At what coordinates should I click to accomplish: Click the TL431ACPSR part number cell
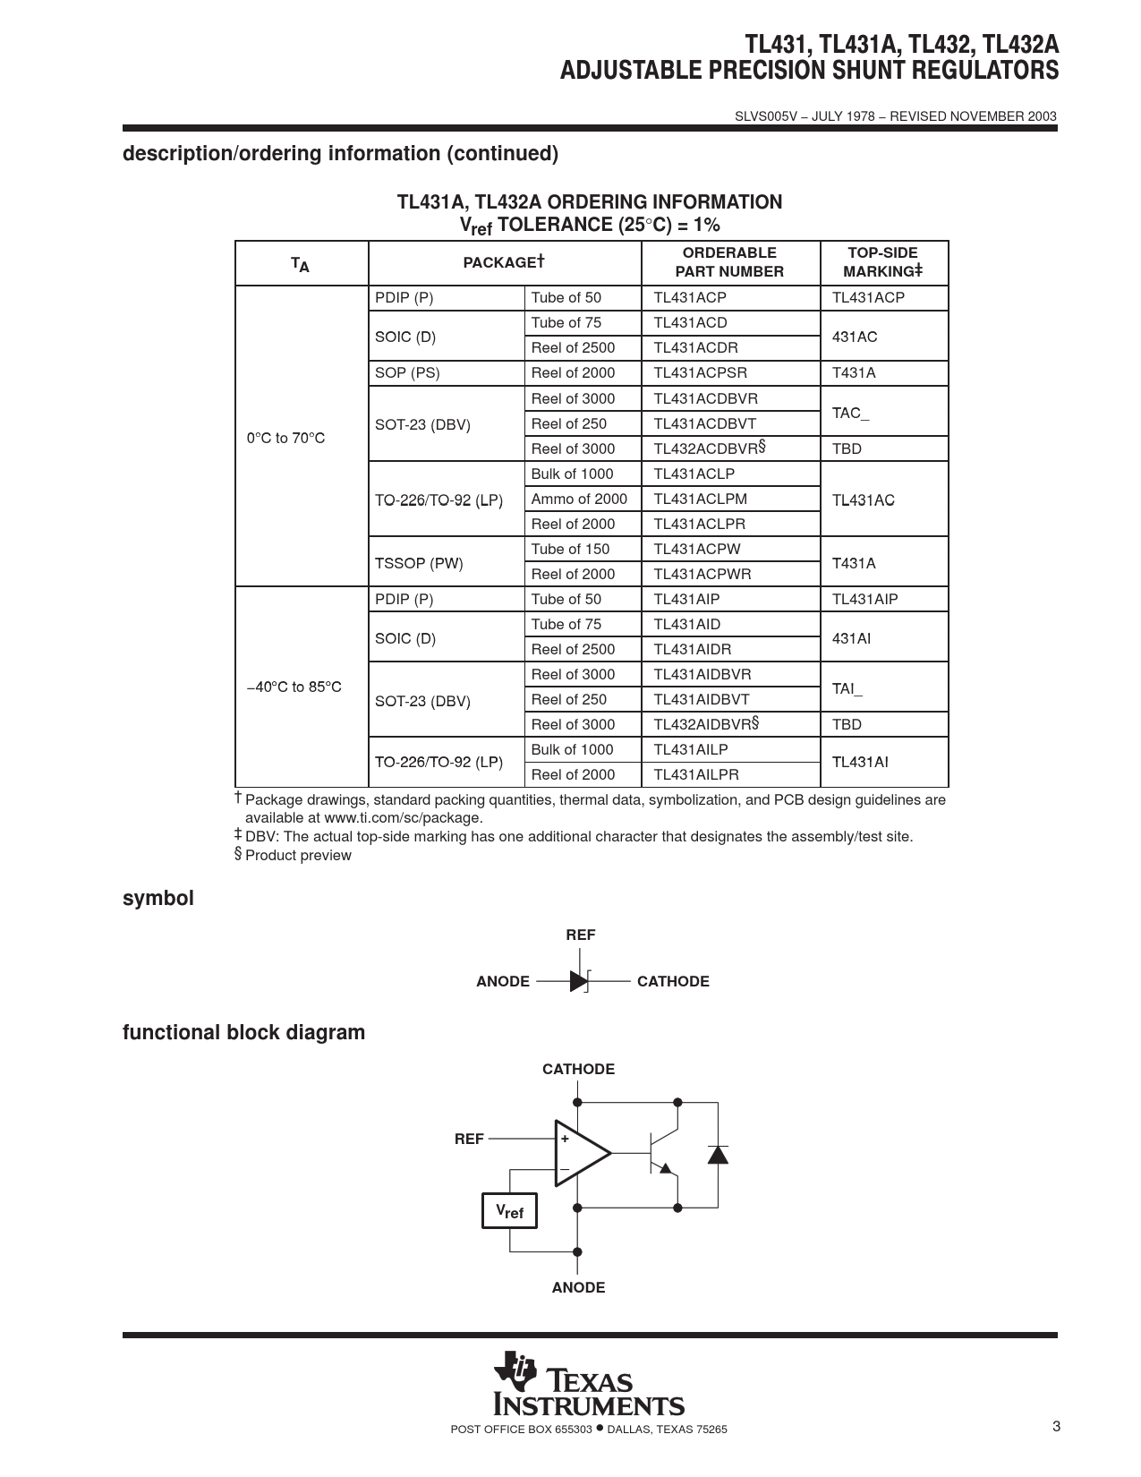click(700, 373)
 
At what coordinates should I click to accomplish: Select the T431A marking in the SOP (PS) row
click(854, 373)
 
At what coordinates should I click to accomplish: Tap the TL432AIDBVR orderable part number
click(706, 724)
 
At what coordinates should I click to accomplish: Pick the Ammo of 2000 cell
click(579, 499)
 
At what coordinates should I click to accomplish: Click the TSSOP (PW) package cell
click(419, 563)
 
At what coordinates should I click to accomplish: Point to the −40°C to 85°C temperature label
click(294, 687)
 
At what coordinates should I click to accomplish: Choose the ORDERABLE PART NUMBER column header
click(729, 262)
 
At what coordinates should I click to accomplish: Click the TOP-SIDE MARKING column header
click(882, 262)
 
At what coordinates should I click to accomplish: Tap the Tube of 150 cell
click(570, 549)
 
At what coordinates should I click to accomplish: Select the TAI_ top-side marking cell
click(847, 688)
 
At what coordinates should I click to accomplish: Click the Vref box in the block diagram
click(509, 1211)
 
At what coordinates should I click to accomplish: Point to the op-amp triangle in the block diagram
click(580, 1153)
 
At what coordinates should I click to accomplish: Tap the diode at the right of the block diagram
click(717, 1154)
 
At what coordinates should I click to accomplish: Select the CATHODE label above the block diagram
click(578, 1070)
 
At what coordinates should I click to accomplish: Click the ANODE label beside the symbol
click(503, 982)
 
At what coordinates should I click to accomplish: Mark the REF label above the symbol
click(580, 935)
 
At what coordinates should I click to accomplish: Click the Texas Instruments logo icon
click(515, 1369)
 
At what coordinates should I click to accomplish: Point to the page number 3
click(1056, 1427)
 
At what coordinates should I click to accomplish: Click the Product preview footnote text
click(298, 856)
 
